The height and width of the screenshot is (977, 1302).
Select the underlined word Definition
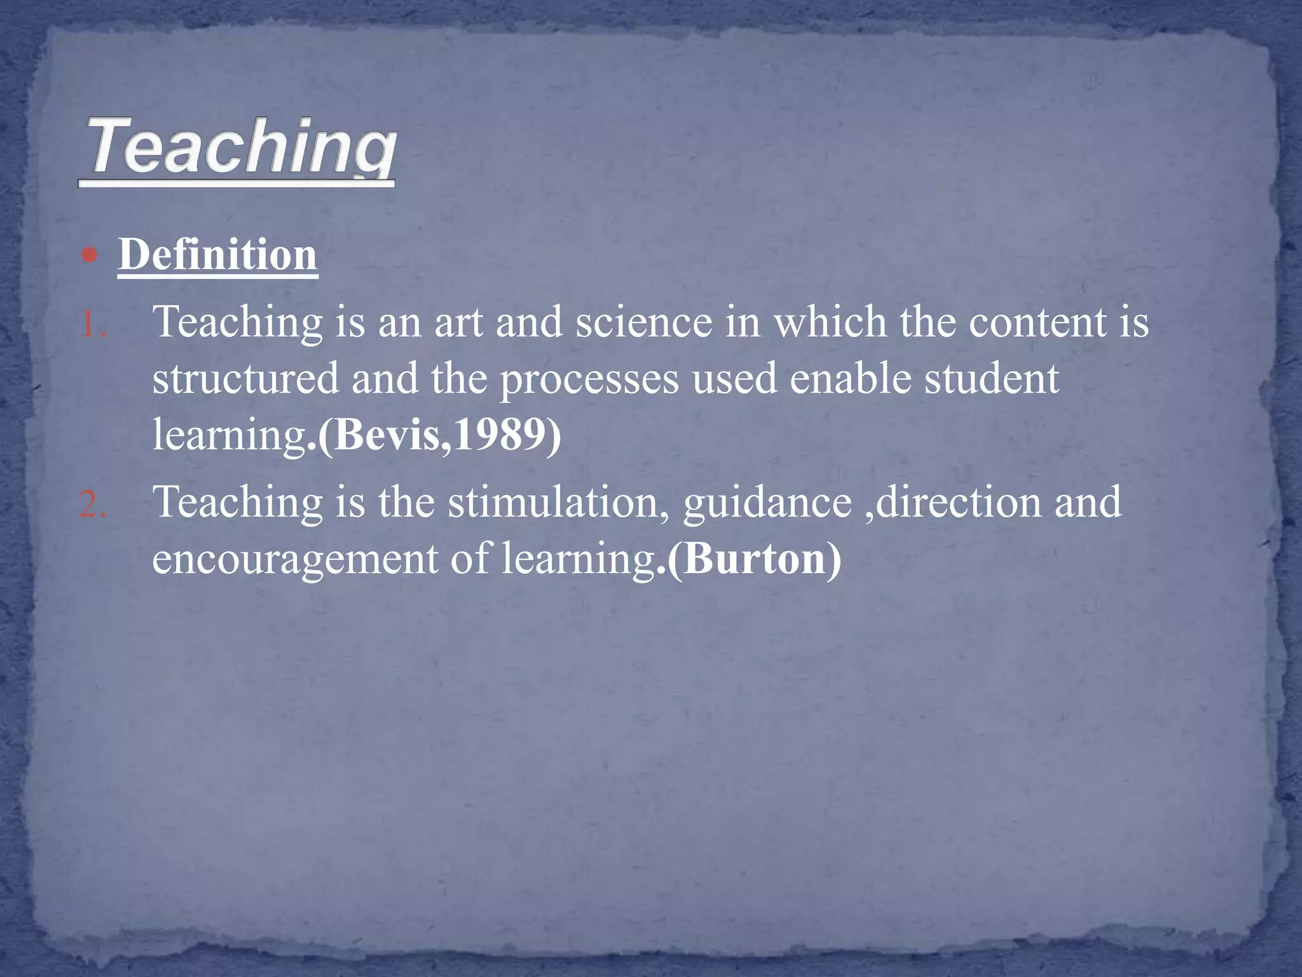pos(217,254)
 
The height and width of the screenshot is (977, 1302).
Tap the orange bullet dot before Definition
pos(90,256)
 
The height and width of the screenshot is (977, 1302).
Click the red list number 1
pos(93,325)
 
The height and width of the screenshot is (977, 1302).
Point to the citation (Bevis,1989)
pos(439,435)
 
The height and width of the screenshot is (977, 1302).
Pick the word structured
pos(245,379)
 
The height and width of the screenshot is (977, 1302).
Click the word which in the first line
pos(829,322)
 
